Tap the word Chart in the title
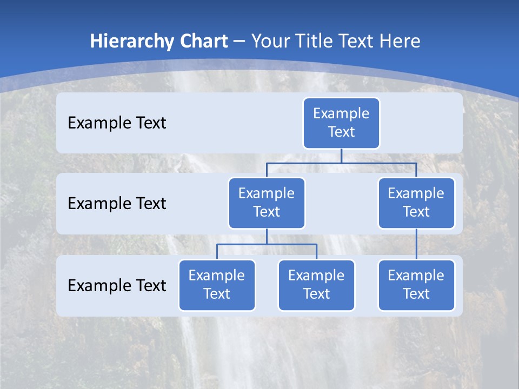click(202, 42)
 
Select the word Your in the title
click(269, 42)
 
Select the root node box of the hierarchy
click(341, 123)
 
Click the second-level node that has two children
click(267, 203)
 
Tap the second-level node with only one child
click(416, 203)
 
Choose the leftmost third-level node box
click(217, 285)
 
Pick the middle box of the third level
click(316, 285)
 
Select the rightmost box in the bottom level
click(416, 285)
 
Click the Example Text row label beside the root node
click(117, 123)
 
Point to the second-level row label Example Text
click(117, 204)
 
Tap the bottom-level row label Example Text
click(117, 285)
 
